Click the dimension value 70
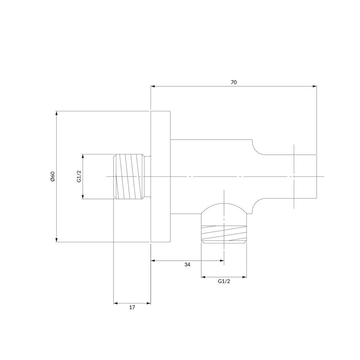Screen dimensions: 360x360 pyautogui.click(x=234, y=82)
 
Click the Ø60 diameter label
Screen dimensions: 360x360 pyautogui.click(x=53, y=176)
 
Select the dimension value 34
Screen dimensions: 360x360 pyautogui.click(x=187, y=265)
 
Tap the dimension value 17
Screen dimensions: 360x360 pyautogui.click(x=132, y=307)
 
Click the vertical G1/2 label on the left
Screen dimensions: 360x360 pyautogui.click(x=79, y=176)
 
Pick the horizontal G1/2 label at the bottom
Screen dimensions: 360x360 pyautogui.click(x=224, y=281)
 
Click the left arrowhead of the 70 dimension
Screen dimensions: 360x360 pyautogui.click(x=153, y=86)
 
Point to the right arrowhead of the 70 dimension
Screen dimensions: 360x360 pyautogui.click(x=315, y=86)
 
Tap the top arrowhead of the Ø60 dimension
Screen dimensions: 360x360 pyautogui.click(x=57, y=113)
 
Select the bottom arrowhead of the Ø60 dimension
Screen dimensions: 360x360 pyautogui.click(x=57, y=240)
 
